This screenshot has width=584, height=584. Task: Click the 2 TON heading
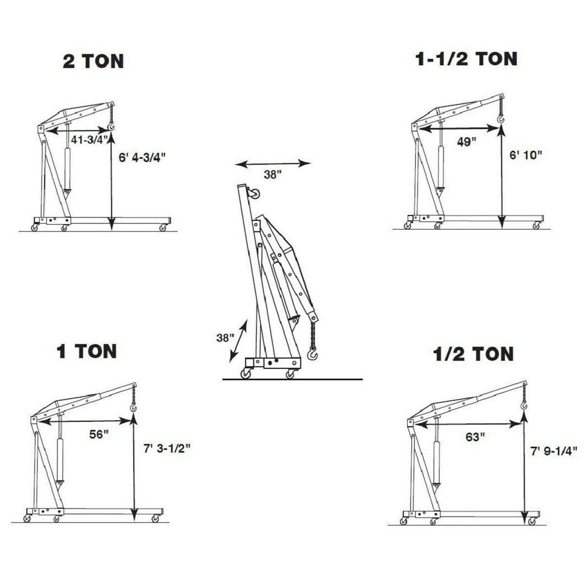point(93,61)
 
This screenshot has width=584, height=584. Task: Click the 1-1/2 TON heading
point(466,59)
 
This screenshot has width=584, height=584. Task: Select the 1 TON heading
point(87,351)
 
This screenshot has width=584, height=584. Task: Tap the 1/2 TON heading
point(473,354)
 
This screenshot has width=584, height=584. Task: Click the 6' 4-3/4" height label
point(143,157)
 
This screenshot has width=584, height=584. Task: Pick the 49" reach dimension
point(466,142)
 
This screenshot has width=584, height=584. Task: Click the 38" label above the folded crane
point(273,174)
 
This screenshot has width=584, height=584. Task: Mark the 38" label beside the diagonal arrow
point(225,337)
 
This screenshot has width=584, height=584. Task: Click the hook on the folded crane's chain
point(313,354)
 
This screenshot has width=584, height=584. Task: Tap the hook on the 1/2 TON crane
point(524,404)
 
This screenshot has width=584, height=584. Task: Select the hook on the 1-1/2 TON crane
point(500,118)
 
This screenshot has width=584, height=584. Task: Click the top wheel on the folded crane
point(254,196)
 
